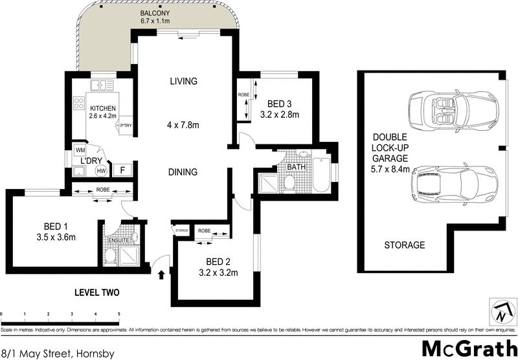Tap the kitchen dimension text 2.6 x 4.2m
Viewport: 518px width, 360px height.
tap(102, 117)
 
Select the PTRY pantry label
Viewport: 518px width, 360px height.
tap(126, 127)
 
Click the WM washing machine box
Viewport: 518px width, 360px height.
tap(81, 150)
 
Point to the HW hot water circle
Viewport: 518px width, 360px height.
tap(101, 171)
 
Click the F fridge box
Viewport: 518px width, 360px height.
tap(120, 170)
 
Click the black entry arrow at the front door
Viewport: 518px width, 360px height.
tap(161, 275)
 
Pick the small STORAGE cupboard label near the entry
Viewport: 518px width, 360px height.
tap(181, 231)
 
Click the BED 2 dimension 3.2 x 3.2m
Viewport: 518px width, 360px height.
tap(218, 273)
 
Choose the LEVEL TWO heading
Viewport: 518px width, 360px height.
tap(97, 293)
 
